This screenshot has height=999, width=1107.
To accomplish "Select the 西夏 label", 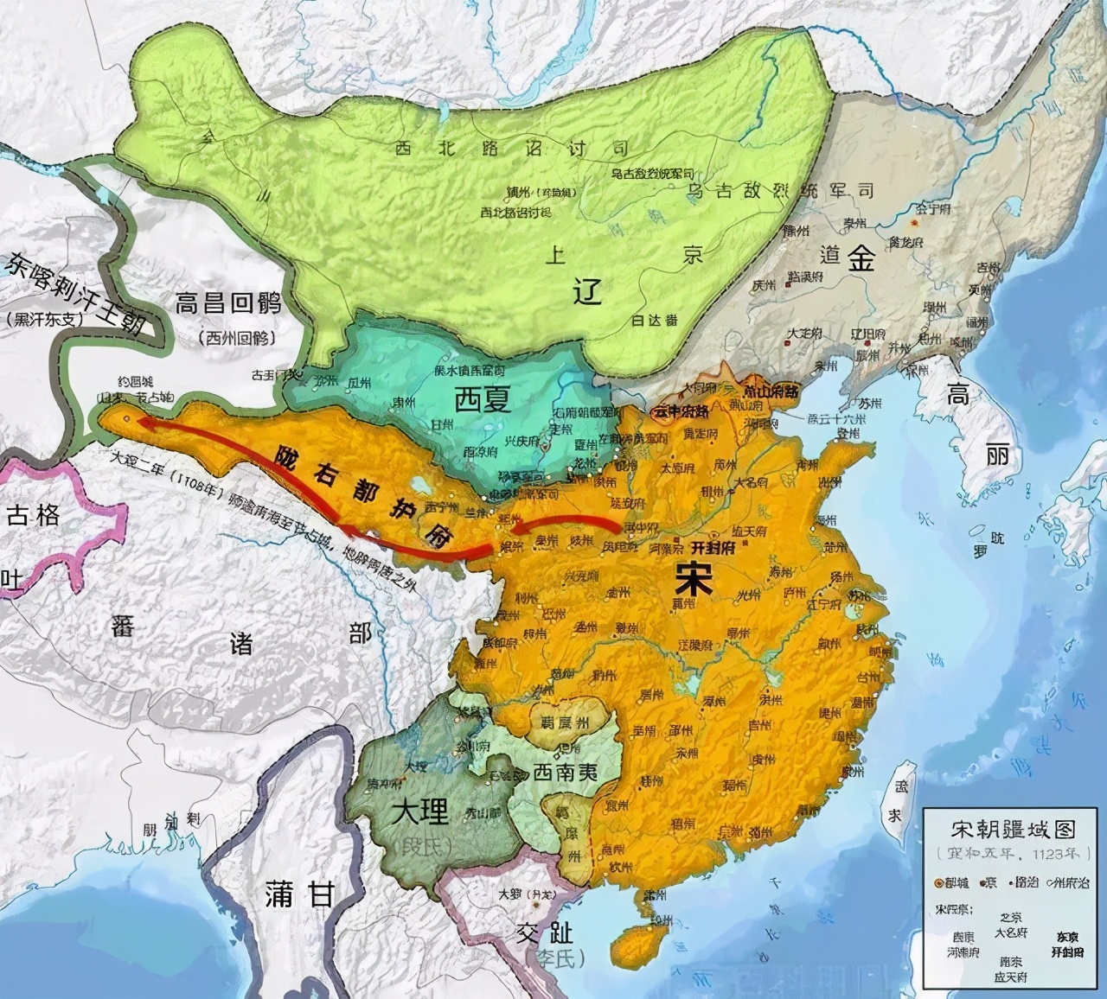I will (x=483, y=399).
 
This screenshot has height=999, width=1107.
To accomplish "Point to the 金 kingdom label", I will (x=861, y=258).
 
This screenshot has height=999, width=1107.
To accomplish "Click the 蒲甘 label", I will (x=298, y=894).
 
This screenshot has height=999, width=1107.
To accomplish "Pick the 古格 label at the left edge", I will (x=33, y=517).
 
